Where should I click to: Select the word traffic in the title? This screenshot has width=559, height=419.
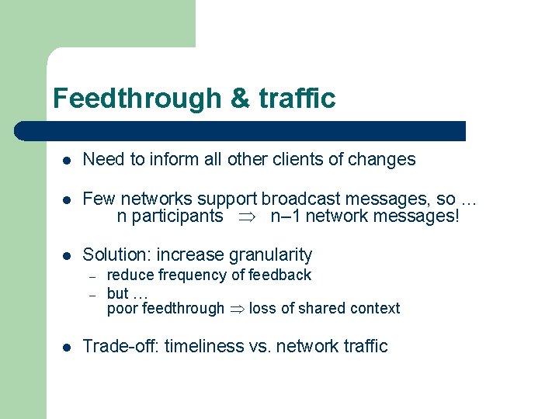point(297,99)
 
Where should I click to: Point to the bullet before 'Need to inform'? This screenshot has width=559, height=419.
point(68,161)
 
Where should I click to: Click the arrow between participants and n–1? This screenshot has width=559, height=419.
point(247,216)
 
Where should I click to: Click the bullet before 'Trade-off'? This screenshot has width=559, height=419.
point(68,347)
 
